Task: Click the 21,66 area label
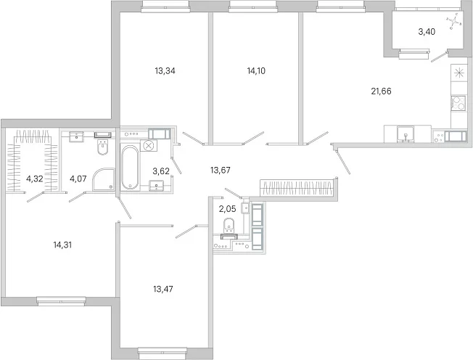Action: (x=381, y=91)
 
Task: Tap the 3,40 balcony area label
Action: (x=427, y=32)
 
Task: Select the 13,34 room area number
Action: (x=165, y=71)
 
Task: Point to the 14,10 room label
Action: (x=256, y=71)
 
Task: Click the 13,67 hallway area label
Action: (x=221, y=171)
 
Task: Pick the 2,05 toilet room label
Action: (x=227, y=209)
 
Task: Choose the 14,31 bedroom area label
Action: (x=62, y=245)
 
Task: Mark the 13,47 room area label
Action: (x=163, y=290)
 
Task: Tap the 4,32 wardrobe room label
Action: (x=34, y=179)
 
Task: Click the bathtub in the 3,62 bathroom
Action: (x=130, y=168)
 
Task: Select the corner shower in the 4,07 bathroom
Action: (x=104, y=179)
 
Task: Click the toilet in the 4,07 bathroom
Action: (x=103, y=147)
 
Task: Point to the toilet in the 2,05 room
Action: (x=229, y=224)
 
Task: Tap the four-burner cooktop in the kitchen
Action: (x=458, y=104)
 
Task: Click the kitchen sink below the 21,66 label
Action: (x=406, y=134)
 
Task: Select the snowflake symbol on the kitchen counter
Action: (x=458, y=73)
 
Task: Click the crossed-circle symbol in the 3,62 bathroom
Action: (x=149, y=146)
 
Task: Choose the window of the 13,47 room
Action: (x=163, y=351)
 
